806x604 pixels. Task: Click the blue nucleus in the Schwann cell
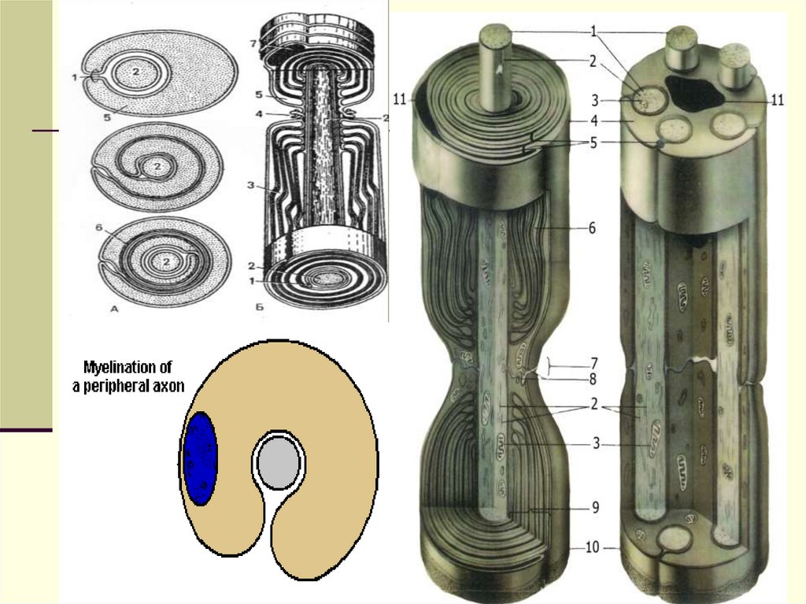coord(201,458)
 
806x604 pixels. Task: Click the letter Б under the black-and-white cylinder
coord(260,307)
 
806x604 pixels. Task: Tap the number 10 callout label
coord(592,547)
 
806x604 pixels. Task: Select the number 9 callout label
coord(595,508)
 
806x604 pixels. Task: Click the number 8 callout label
coord(593,380)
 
